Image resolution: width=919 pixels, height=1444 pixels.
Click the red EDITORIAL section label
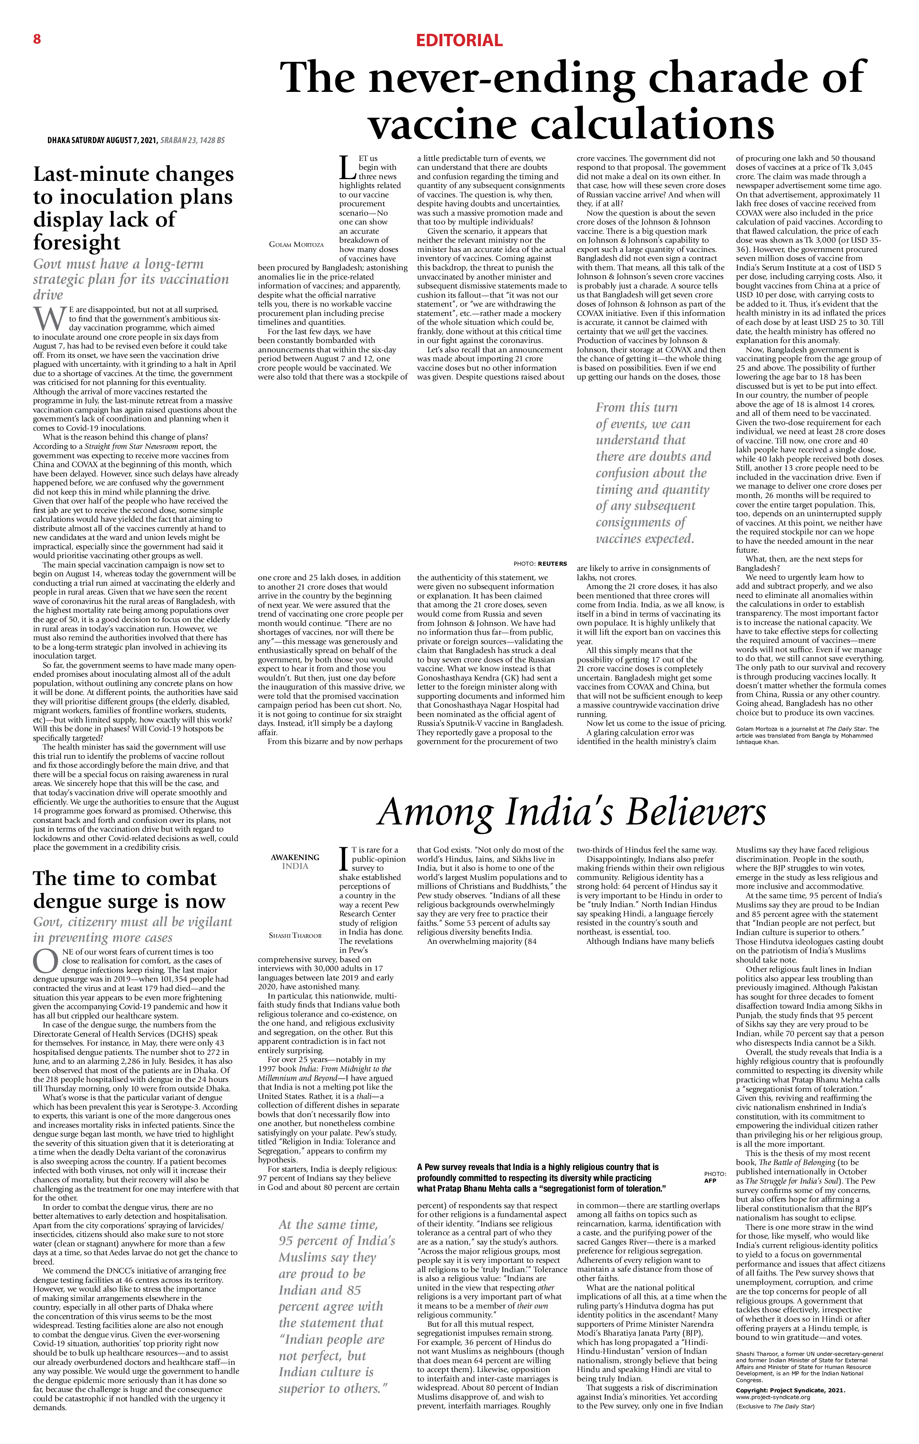(x=459, y=41)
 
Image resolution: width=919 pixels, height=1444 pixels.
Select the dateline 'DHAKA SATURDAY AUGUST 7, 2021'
(x=102, y=140)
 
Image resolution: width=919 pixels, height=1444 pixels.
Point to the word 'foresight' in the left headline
(x=77, y=243)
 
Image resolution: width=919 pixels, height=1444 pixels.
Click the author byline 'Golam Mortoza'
(x=296, y=245)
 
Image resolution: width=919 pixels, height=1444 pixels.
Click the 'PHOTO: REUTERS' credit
(x=540, y=564)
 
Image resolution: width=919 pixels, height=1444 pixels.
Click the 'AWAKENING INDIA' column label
(x=294, y=861)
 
